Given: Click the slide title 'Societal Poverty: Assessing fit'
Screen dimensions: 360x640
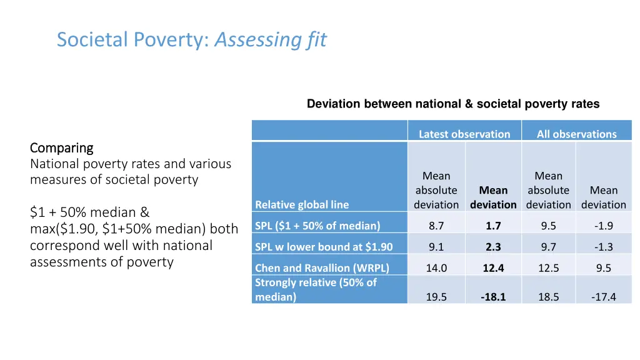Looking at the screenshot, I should (x=191, y=40).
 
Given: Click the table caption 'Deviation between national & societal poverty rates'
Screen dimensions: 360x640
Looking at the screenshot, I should (x=452, y=104).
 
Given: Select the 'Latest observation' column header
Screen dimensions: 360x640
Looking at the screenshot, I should (x=464, y=134).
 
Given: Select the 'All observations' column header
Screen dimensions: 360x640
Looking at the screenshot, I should (x=576, y=134).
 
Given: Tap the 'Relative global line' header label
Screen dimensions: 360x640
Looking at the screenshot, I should (x=302, y=204).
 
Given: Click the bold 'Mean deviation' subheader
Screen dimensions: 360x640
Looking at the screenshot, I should (x=493, y=197).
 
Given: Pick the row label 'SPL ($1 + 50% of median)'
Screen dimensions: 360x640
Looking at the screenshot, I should (x=317, y=226).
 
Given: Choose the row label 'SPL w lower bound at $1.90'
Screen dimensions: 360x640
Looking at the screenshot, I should (x=324, y=247).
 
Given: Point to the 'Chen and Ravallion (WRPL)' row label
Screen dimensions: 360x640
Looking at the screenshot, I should (x=322, y=268).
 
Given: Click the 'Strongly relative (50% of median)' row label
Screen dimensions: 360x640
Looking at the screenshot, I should (x=316, y=289).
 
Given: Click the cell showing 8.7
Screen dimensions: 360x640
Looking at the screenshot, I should (x=436, y=226).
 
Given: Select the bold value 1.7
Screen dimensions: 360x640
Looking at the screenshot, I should (x=493, y=226).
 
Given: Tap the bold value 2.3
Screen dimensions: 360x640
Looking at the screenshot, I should (x=493, y=247).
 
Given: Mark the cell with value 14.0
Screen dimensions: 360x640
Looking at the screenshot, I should (x=436, y=268).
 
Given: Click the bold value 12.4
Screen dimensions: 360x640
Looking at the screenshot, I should (x=493, y=268).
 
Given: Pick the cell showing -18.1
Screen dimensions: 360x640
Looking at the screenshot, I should (x=493, y=297).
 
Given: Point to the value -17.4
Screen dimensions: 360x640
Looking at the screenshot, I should (x=603, y=297).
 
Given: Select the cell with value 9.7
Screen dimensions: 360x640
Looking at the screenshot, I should (x=549, y=247).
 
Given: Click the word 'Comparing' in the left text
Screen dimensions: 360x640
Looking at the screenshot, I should (x=61, y=148).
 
